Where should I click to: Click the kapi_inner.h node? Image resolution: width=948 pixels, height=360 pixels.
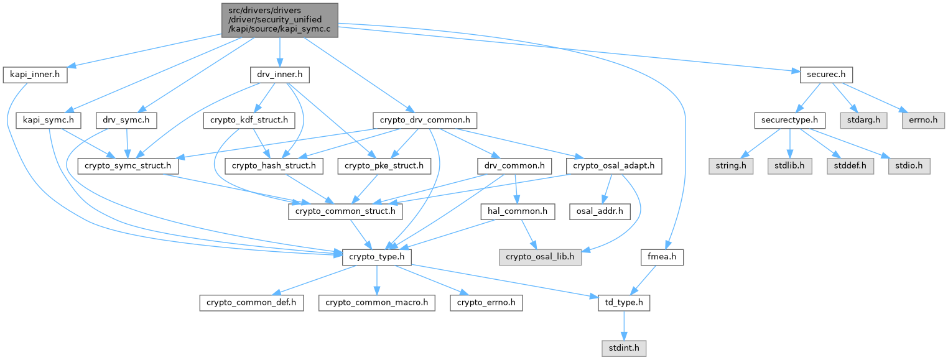click(35, 75)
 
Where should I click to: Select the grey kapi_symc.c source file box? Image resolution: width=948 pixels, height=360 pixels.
click(280, 21)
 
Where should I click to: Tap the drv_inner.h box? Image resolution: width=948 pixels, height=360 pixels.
click(280, 75)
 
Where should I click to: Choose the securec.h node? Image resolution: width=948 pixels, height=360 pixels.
click(826, 75)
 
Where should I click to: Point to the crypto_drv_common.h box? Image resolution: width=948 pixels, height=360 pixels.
click(425, 121)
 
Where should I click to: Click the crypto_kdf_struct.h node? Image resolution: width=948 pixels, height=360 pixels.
click(249, 121)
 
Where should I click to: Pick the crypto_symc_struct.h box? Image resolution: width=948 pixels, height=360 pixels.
click(128, 166)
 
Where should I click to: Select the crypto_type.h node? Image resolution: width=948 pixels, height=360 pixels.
click(377, 257)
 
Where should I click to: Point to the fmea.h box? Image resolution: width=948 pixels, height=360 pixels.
click(662, 257)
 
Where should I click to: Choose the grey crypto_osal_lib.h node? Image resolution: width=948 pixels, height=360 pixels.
click(540, 257)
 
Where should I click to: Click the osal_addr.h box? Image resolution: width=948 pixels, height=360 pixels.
click(600, 212)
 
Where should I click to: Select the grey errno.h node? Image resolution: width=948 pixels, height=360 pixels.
click(923, 121)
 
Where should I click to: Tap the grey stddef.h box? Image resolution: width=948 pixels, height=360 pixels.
click(850, 166)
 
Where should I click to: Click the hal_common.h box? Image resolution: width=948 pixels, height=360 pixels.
click(518, 212)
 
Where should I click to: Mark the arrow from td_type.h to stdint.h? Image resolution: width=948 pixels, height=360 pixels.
click(624, 326)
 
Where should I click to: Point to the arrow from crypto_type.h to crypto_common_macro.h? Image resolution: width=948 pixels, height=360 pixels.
click(377, 280)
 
